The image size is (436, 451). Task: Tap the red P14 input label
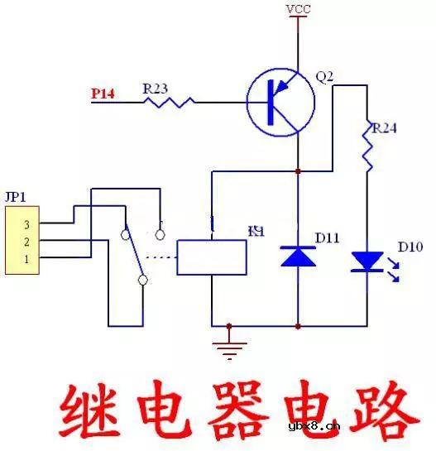click(103, 94)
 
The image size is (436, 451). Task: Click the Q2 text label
click(324, 76)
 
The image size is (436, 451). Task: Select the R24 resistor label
click(383, 128)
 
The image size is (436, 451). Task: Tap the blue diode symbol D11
click(297, 256)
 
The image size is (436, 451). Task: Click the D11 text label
click(328, 239)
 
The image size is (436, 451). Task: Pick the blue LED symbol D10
click(367, 261)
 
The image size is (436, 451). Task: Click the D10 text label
click(410, 247)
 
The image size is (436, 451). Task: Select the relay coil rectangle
click(212, 256)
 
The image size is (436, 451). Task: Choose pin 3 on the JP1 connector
click(26, 224)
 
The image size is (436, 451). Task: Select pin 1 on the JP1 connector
click(26, 258)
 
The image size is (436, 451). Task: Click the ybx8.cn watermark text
click(314, 427)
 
